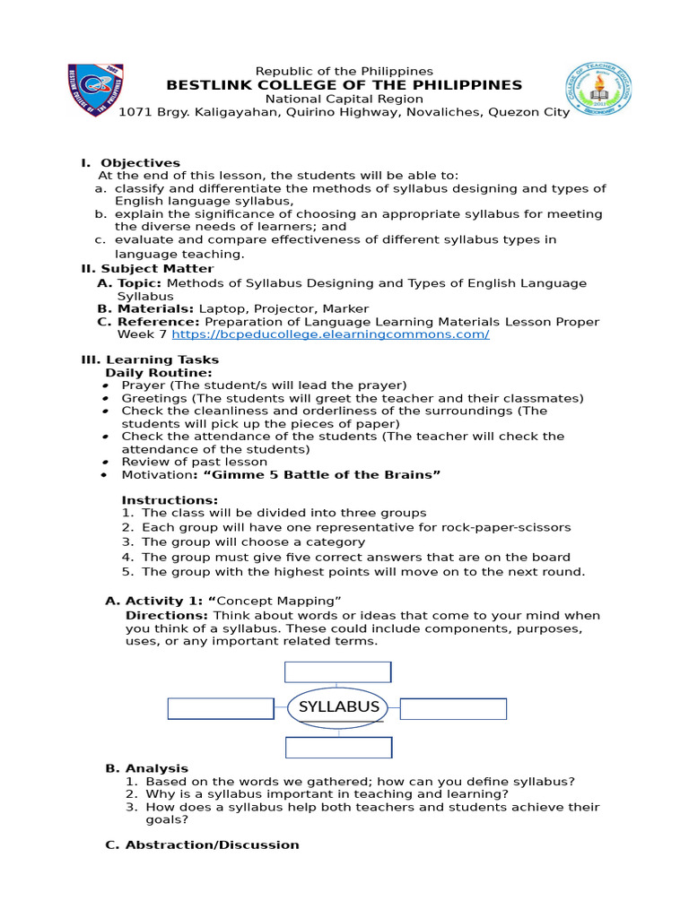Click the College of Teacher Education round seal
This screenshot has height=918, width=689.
pos(597,91)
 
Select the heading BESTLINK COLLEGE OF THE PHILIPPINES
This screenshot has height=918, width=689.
pos(344,85)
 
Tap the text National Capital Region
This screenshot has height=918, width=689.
pos(344,99)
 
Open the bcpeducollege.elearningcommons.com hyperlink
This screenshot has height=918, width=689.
pos(330,334)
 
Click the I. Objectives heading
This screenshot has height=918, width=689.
pos(130,163)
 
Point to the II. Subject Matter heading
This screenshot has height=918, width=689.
pos(147,269)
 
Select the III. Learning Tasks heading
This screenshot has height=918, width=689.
pos(150,359)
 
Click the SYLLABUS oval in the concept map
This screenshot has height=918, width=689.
pos(338,706)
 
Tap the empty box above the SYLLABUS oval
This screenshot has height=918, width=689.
pos(337,672)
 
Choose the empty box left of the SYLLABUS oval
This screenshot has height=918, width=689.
pos(221,709)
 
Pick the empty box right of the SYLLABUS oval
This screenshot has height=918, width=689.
pos(453,709)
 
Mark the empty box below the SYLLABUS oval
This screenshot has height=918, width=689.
pos(338,748)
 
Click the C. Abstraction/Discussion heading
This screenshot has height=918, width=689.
pos(202,844)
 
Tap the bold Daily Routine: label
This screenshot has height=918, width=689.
pos(159,372)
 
